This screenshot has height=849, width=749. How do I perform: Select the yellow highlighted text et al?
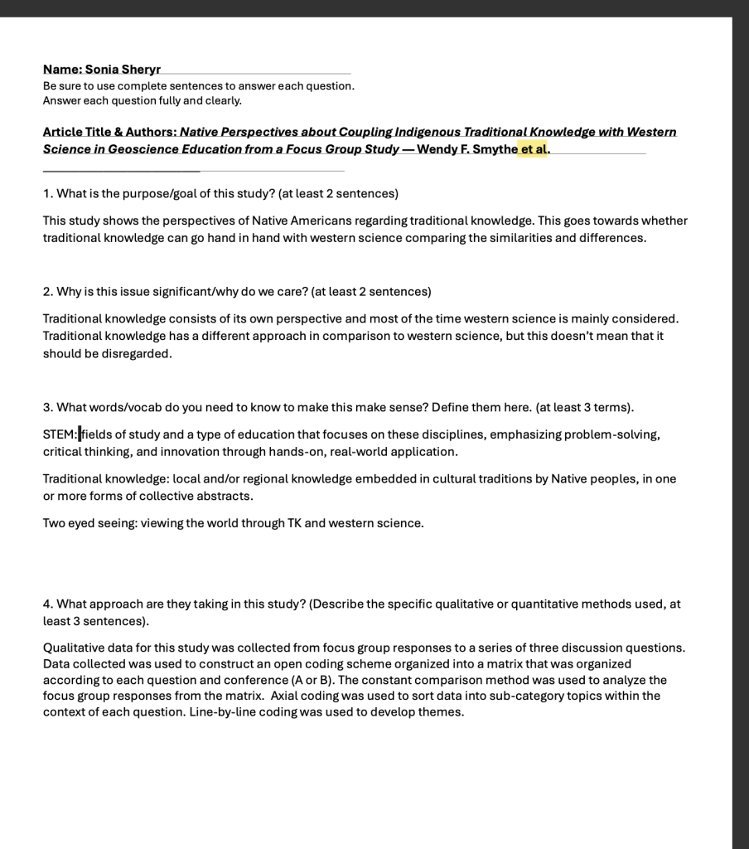[534, 149]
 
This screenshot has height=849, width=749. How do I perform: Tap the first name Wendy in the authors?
[437, 149]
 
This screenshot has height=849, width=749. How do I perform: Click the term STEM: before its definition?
[60, 434]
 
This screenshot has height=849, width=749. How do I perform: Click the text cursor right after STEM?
[80, 434]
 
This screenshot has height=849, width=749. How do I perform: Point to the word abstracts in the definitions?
[224, 496]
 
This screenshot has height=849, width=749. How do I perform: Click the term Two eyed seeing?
[89, 523]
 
